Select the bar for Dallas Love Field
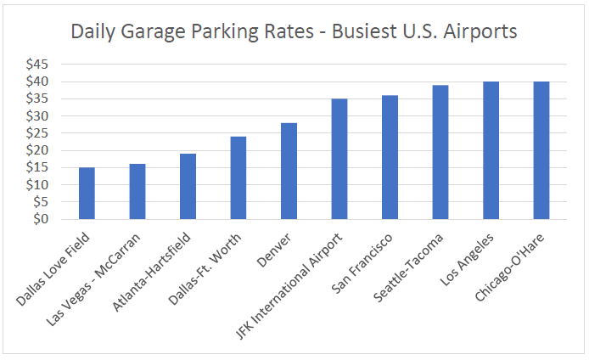click(x=87, y=194)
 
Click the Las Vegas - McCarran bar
click(x=137, y=192)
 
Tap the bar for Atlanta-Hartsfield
click(x=188, y=187)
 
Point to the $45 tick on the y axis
click(x=36, y=65)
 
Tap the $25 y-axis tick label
click(x=36, y=133)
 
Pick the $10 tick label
click(x=36, y=185)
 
